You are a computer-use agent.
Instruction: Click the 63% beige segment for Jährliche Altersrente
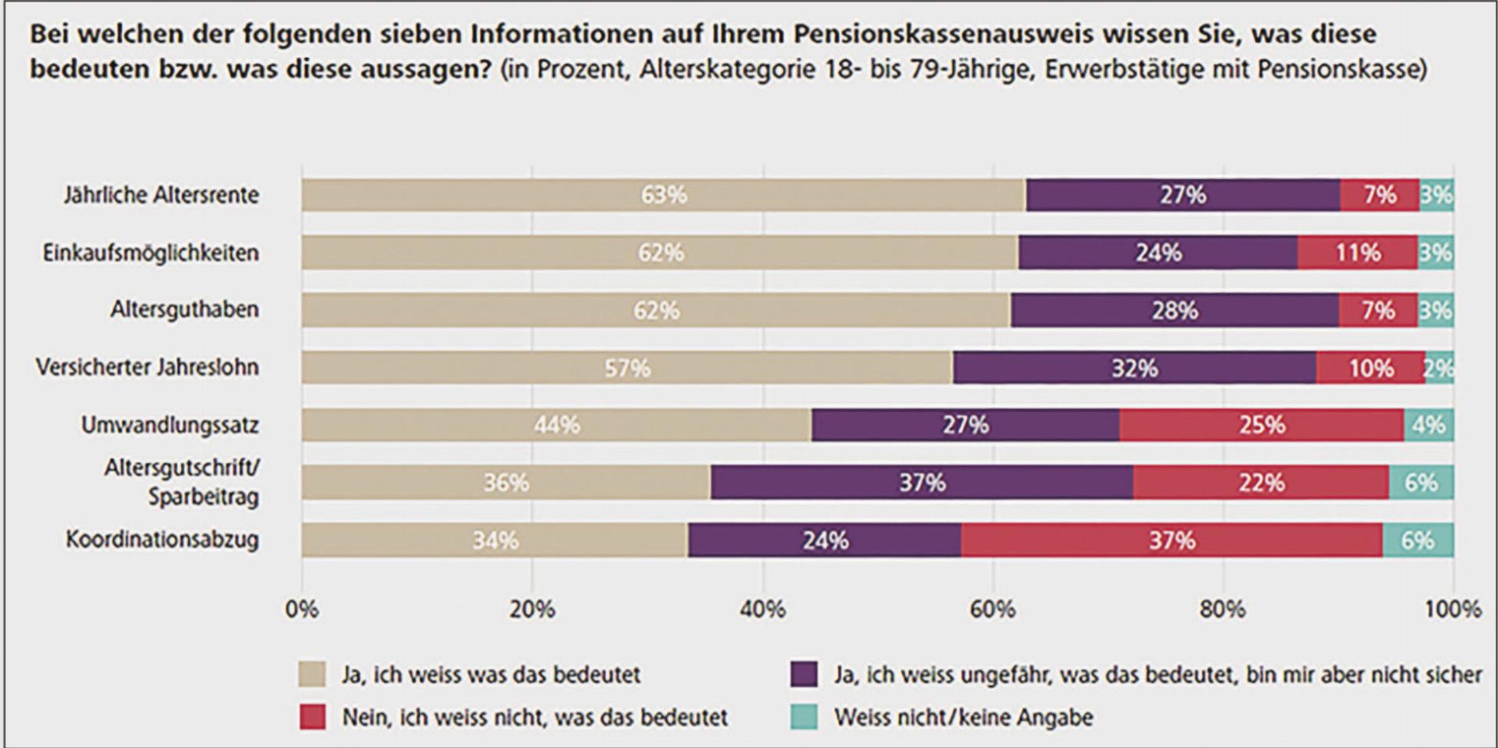pyautogui.click(x=663, y=195)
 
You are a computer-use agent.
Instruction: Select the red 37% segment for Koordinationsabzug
pyautogui.click(x=1172, y=540)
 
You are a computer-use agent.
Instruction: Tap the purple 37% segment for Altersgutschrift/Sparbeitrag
pyautogui.click(x=921, y=483)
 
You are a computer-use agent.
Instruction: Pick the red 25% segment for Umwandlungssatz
pyautogui.click(x=1262, y=425)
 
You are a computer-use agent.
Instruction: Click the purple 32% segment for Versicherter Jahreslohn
pyautogui.click(x=1134, y=368)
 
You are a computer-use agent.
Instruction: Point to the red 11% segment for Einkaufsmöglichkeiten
pyautogui.click(x=1358, y=253)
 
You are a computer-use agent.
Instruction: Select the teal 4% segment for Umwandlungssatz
pyautogui.click(x=1429, y=425)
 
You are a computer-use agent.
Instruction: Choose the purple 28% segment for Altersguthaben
pyautogui.click(x=1174, y=311)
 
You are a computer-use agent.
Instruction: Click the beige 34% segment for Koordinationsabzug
pyautogui.click(x=495, y=540)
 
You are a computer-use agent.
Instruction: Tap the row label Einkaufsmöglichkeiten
pyautogui.click(x=151, y=253)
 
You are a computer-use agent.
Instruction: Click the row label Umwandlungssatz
pyautogui.click(x=170, y=426)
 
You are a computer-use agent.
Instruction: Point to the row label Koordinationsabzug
pyautogui.click(x=162, y=540)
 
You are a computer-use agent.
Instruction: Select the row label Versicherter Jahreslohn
pyautogui.click(x=147, y=367)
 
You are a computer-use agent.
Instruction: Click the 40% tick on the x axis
pyautogui.click(x=762, y=609)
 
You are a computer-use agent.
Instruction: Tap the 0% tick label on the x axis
pyautogui.click(x=302, y=609)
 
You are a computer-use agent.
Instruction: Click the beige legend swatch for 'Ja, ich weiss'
pyautogui.click(x=312, y=675)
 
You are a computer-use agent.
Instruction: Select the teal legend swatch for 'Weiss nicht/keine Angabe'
pyautogui.click(x=804, y=717)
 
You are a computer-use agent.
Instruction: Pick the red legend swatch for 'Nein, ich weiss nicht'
pyautogui.click(x=312, y=717)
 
